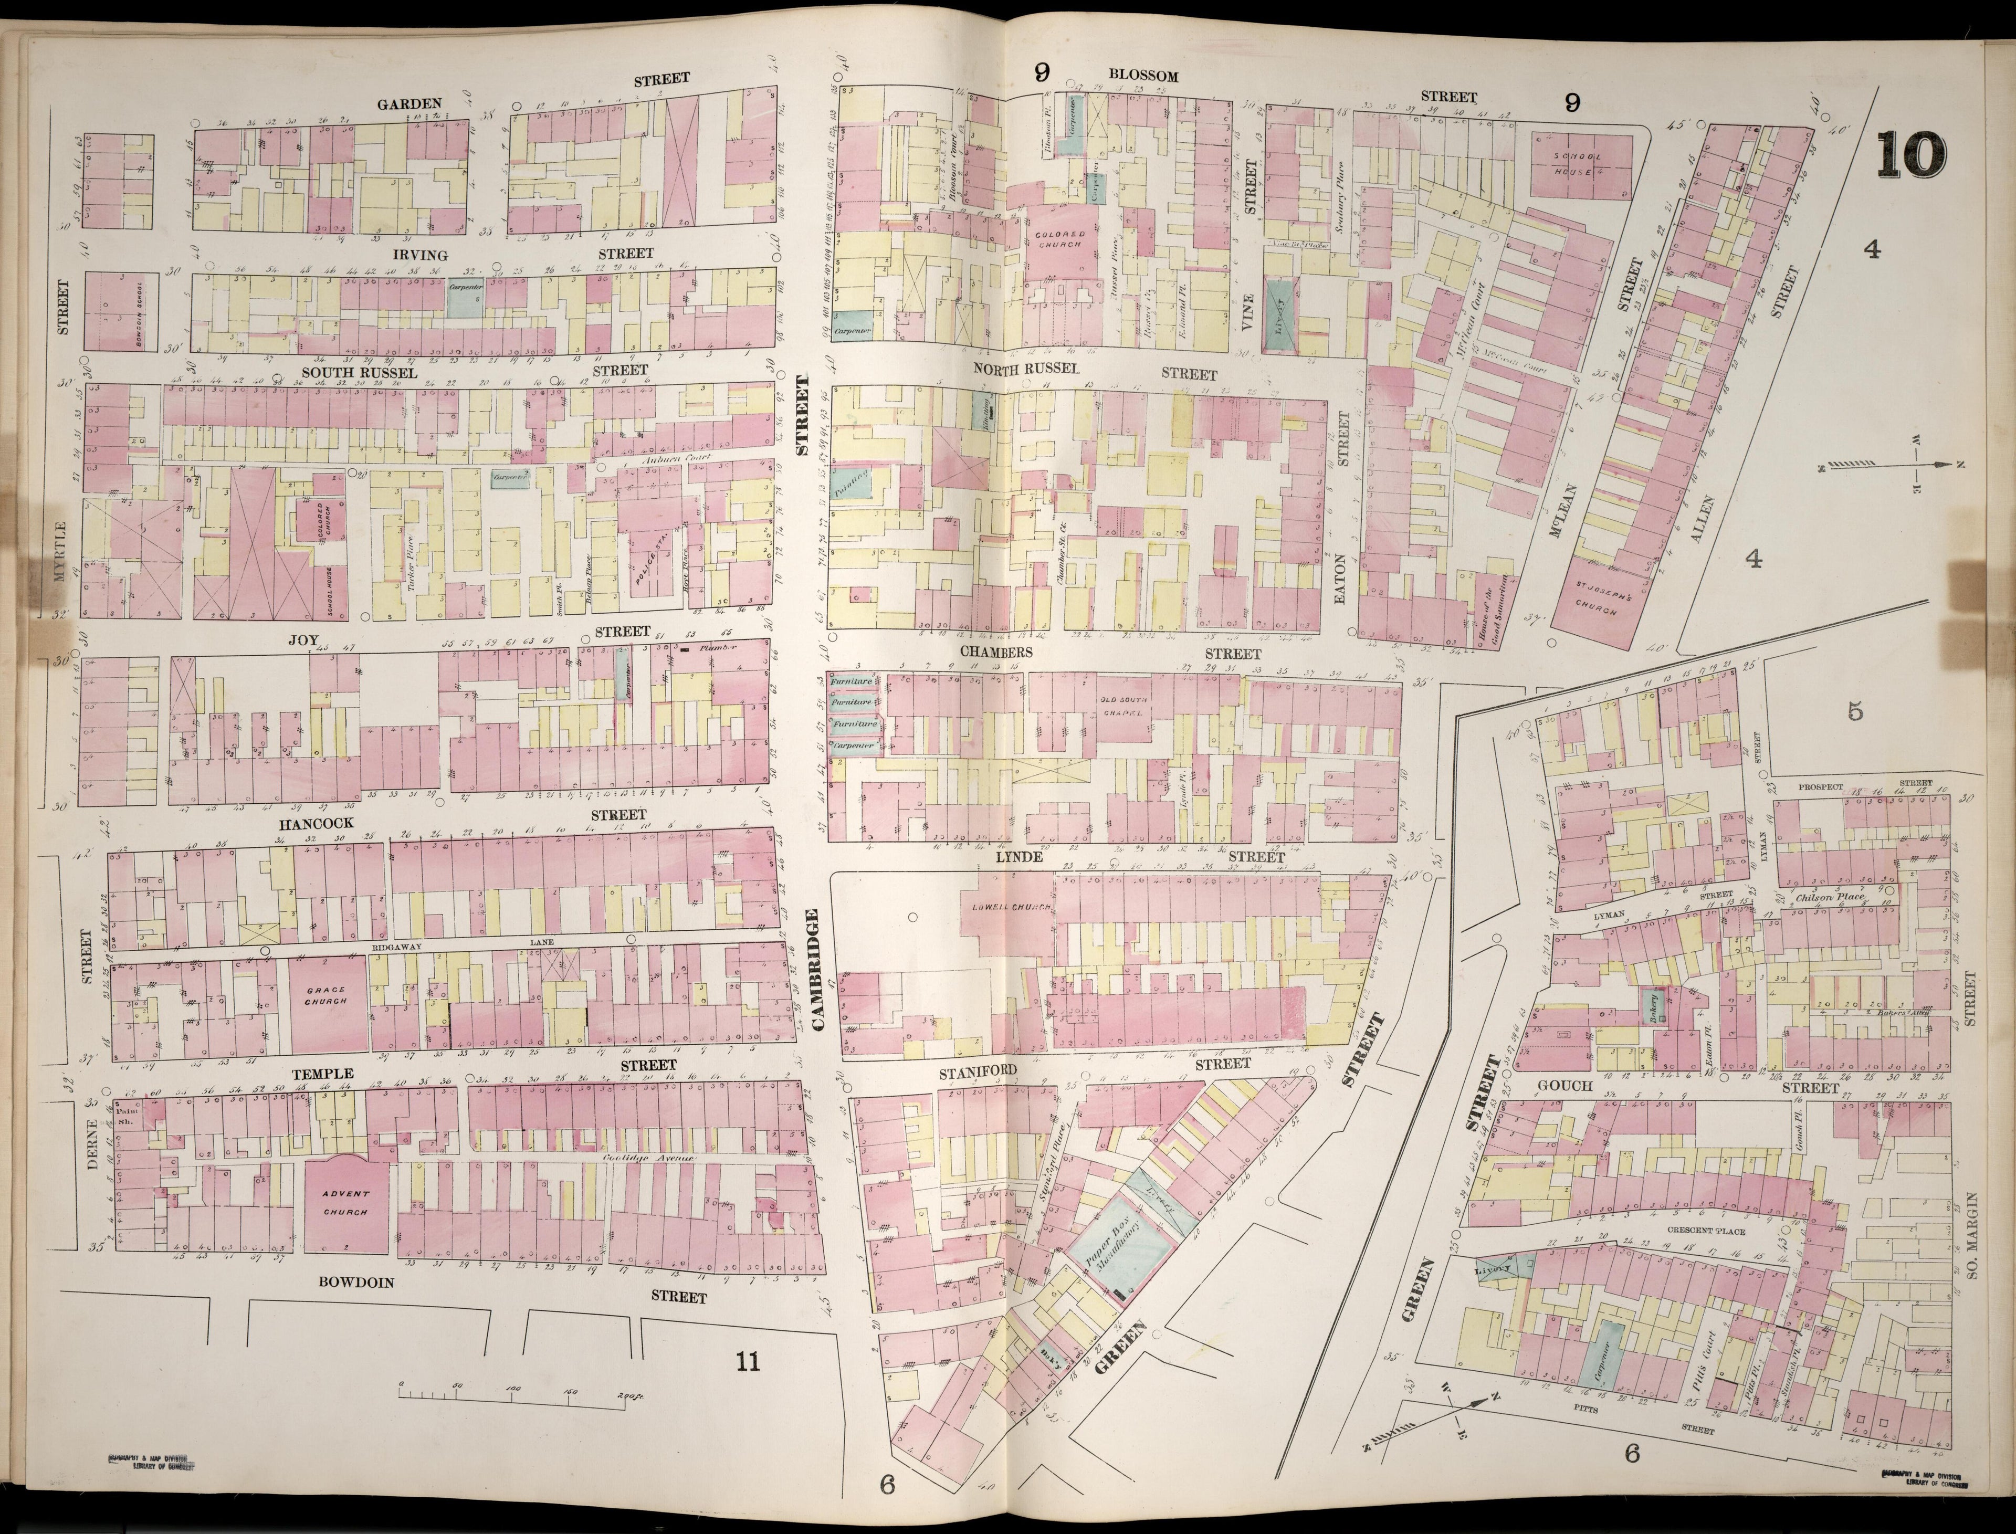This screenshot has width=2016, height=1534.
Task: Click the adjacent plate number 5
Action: pos(1853,712)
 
